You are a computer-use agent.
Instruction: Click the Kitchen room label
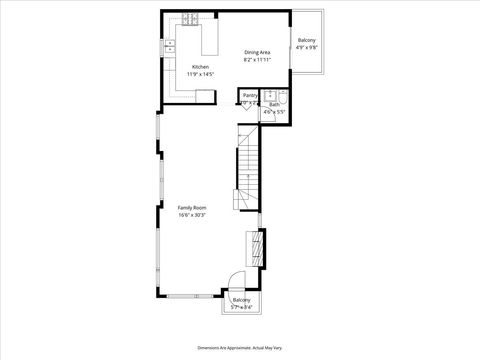[200, 67]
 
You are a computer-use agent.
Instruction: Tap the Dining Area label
[258, 52]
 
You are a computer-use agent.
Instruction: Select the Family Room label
[192, 207]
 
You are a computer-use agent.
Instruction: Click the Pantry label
[250, 95]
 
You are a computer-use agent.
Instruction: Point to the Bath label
[274, 104]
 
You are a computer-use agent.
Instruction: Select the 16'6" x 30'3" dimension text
[192, 215]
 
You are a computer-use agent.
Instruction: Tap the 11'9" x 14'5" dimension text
[200, 74]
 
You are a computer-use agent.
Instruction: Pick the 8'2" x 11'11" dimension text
[258, 59]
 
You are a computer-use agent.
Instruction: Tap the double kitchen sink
[170, 46]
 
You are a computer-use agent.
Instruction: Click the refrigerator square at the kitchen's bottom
[205, 95]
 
